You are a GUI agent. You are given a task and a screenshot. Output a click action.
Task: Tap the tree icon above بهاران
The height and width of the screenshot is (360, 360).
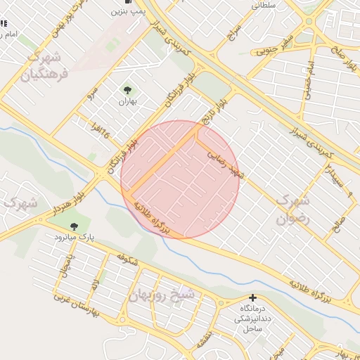coord(127,89)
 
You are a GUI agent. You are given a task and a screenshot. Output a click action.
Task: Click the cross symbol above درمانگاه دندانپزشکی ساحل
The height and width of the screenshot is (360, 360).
coord(252,298)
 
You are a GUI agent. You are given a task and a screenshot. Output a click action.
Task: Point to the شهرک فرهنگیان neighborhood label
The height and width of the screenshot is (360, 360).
coord(44,65)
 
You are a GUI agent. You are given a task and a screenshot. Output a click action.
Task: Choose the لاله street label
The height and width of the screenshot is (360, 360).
coord(95,284)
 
